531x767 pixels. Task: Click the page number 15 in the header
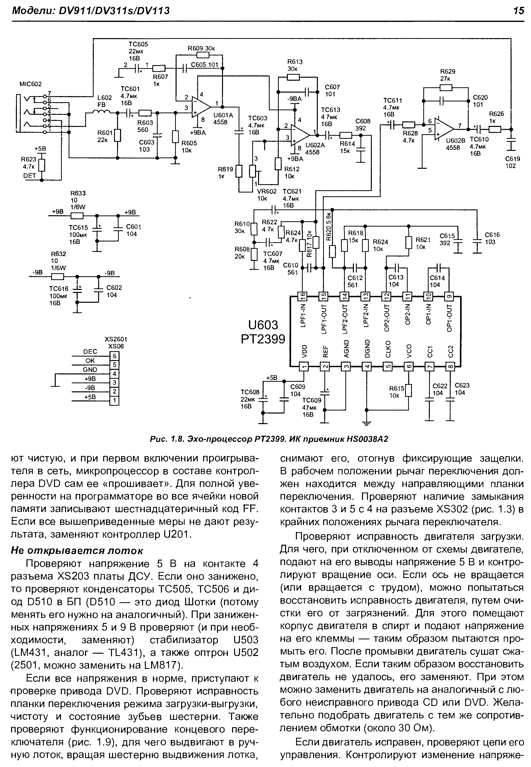(518, 11)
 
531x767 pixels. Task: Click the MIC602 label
(31, 84)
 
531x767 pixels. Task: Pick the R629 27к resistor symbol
(445, 88)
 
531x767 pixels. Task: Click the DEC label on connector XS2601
(90, 352)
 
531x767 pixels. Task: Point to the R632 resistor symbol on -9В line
(58, 277)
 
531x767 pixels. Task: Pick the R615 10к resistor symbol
(409, 391)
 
